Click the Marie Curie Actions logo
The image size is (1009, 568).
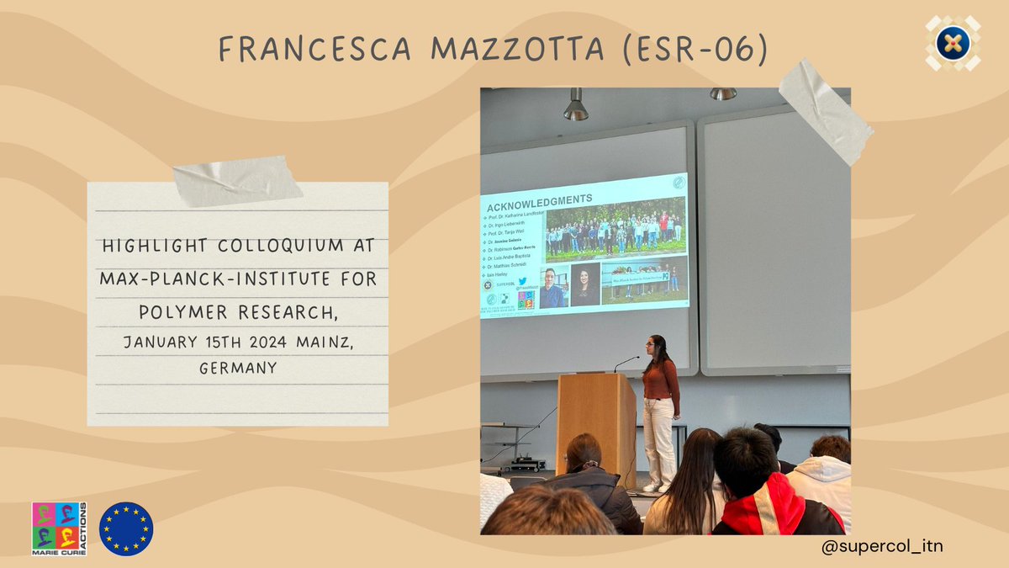pos(59,528)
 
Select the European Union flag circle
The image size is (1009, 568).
pos(126,528)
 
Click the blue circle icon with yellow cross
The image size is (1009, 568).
pos(953,43)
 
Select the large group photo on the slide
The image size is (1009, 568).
pos(615,229)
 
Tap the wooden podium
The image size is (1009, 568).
pos(596,426)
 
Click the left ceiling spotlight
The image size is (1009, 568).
pos(575,106)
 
